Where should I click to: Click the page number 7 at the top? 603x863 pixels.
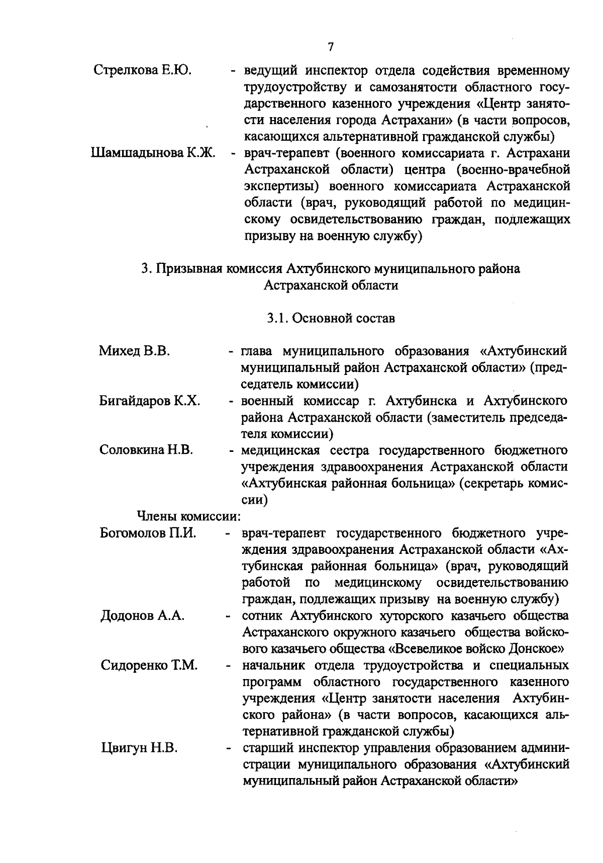[330, 47]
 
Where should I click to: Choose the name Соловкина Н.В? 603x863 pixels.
[146, 450]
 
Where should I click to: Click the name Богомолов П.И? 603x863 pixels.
[148, 533]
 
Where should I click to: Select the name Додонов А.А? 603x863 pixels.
[143, 616]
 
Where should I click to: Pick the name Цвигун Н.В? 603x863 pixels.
[139, 748]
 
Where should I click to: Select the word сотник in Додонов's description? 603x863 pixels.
[262, 616]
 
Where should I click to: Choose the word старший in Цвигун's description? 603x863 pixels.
[266, 748]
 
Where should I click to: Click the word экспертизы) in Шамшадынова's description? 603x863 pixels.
[282, 186]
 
